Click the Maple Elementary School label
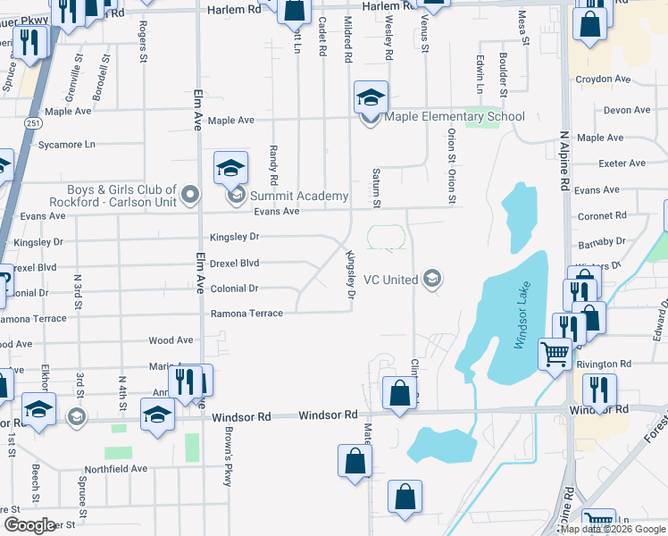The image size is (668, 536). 455,117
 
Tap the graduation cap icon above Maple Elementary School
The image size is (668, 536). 371,96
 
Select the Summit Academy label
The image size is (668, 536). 298,196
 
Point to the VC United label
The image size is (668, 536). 388,280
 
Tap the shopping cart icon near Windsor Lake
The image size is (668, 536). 555,355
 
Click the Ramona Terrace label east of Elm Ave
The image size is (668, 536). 246,314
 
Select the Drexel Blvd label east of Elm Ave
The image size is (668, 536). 234,264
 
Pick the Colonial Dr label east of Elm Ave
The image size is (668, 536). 234,289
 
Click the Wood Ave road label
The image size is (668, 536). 171,340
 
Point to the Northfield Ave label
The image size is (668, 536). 115,468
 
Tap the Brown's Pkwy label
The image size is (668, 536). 228,463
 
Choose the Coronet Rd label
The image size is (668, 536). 602,215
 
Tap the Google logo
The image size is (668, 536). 29,524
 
